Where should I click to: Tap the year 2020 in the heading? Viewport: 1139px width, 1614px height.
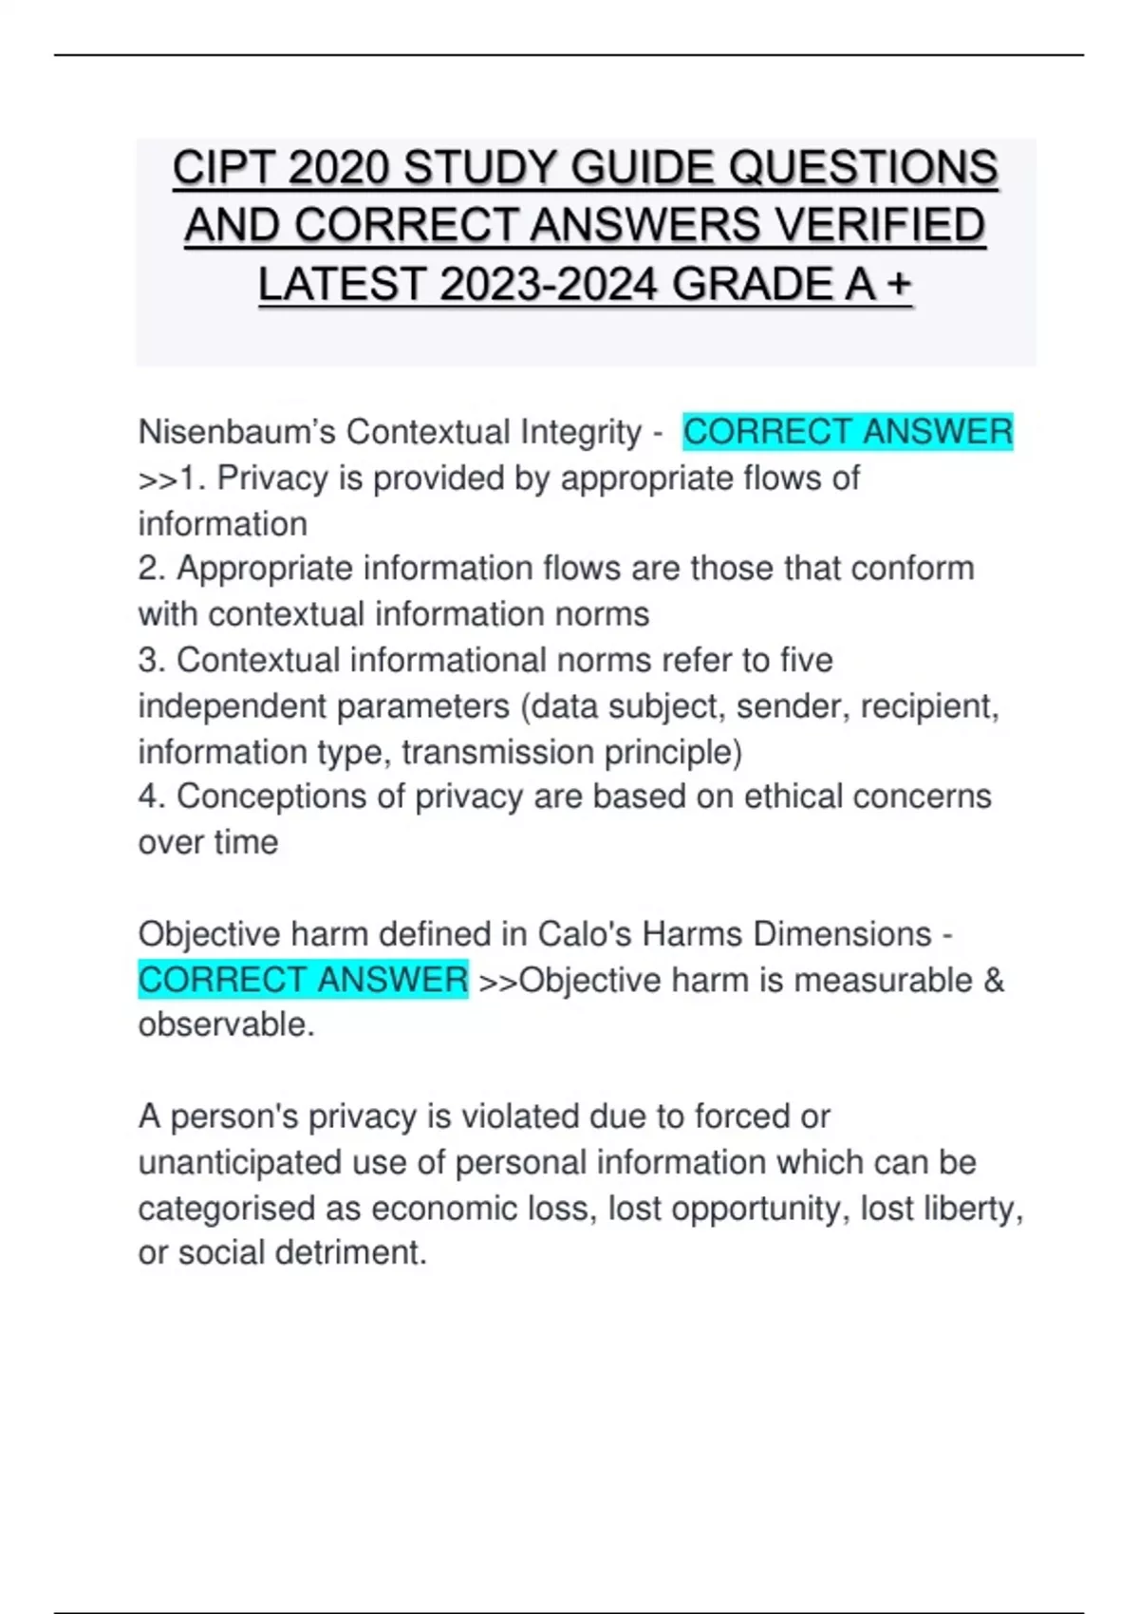tap(339, 168)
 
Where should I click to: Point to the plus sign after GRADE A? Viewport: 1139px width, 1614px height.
tap(897, 284)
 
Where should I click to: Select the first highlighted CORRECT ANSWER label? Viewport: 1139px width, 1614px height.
tap(848, 432)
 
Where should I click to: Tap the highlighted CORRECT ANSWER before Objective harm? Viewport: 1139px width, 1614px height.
tap(303, 980)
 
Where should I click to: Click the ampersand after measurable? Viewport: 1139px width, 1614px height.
tap(994, 980)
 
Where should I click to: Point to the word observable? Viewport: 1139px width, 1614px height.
tap(224, 1025)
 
